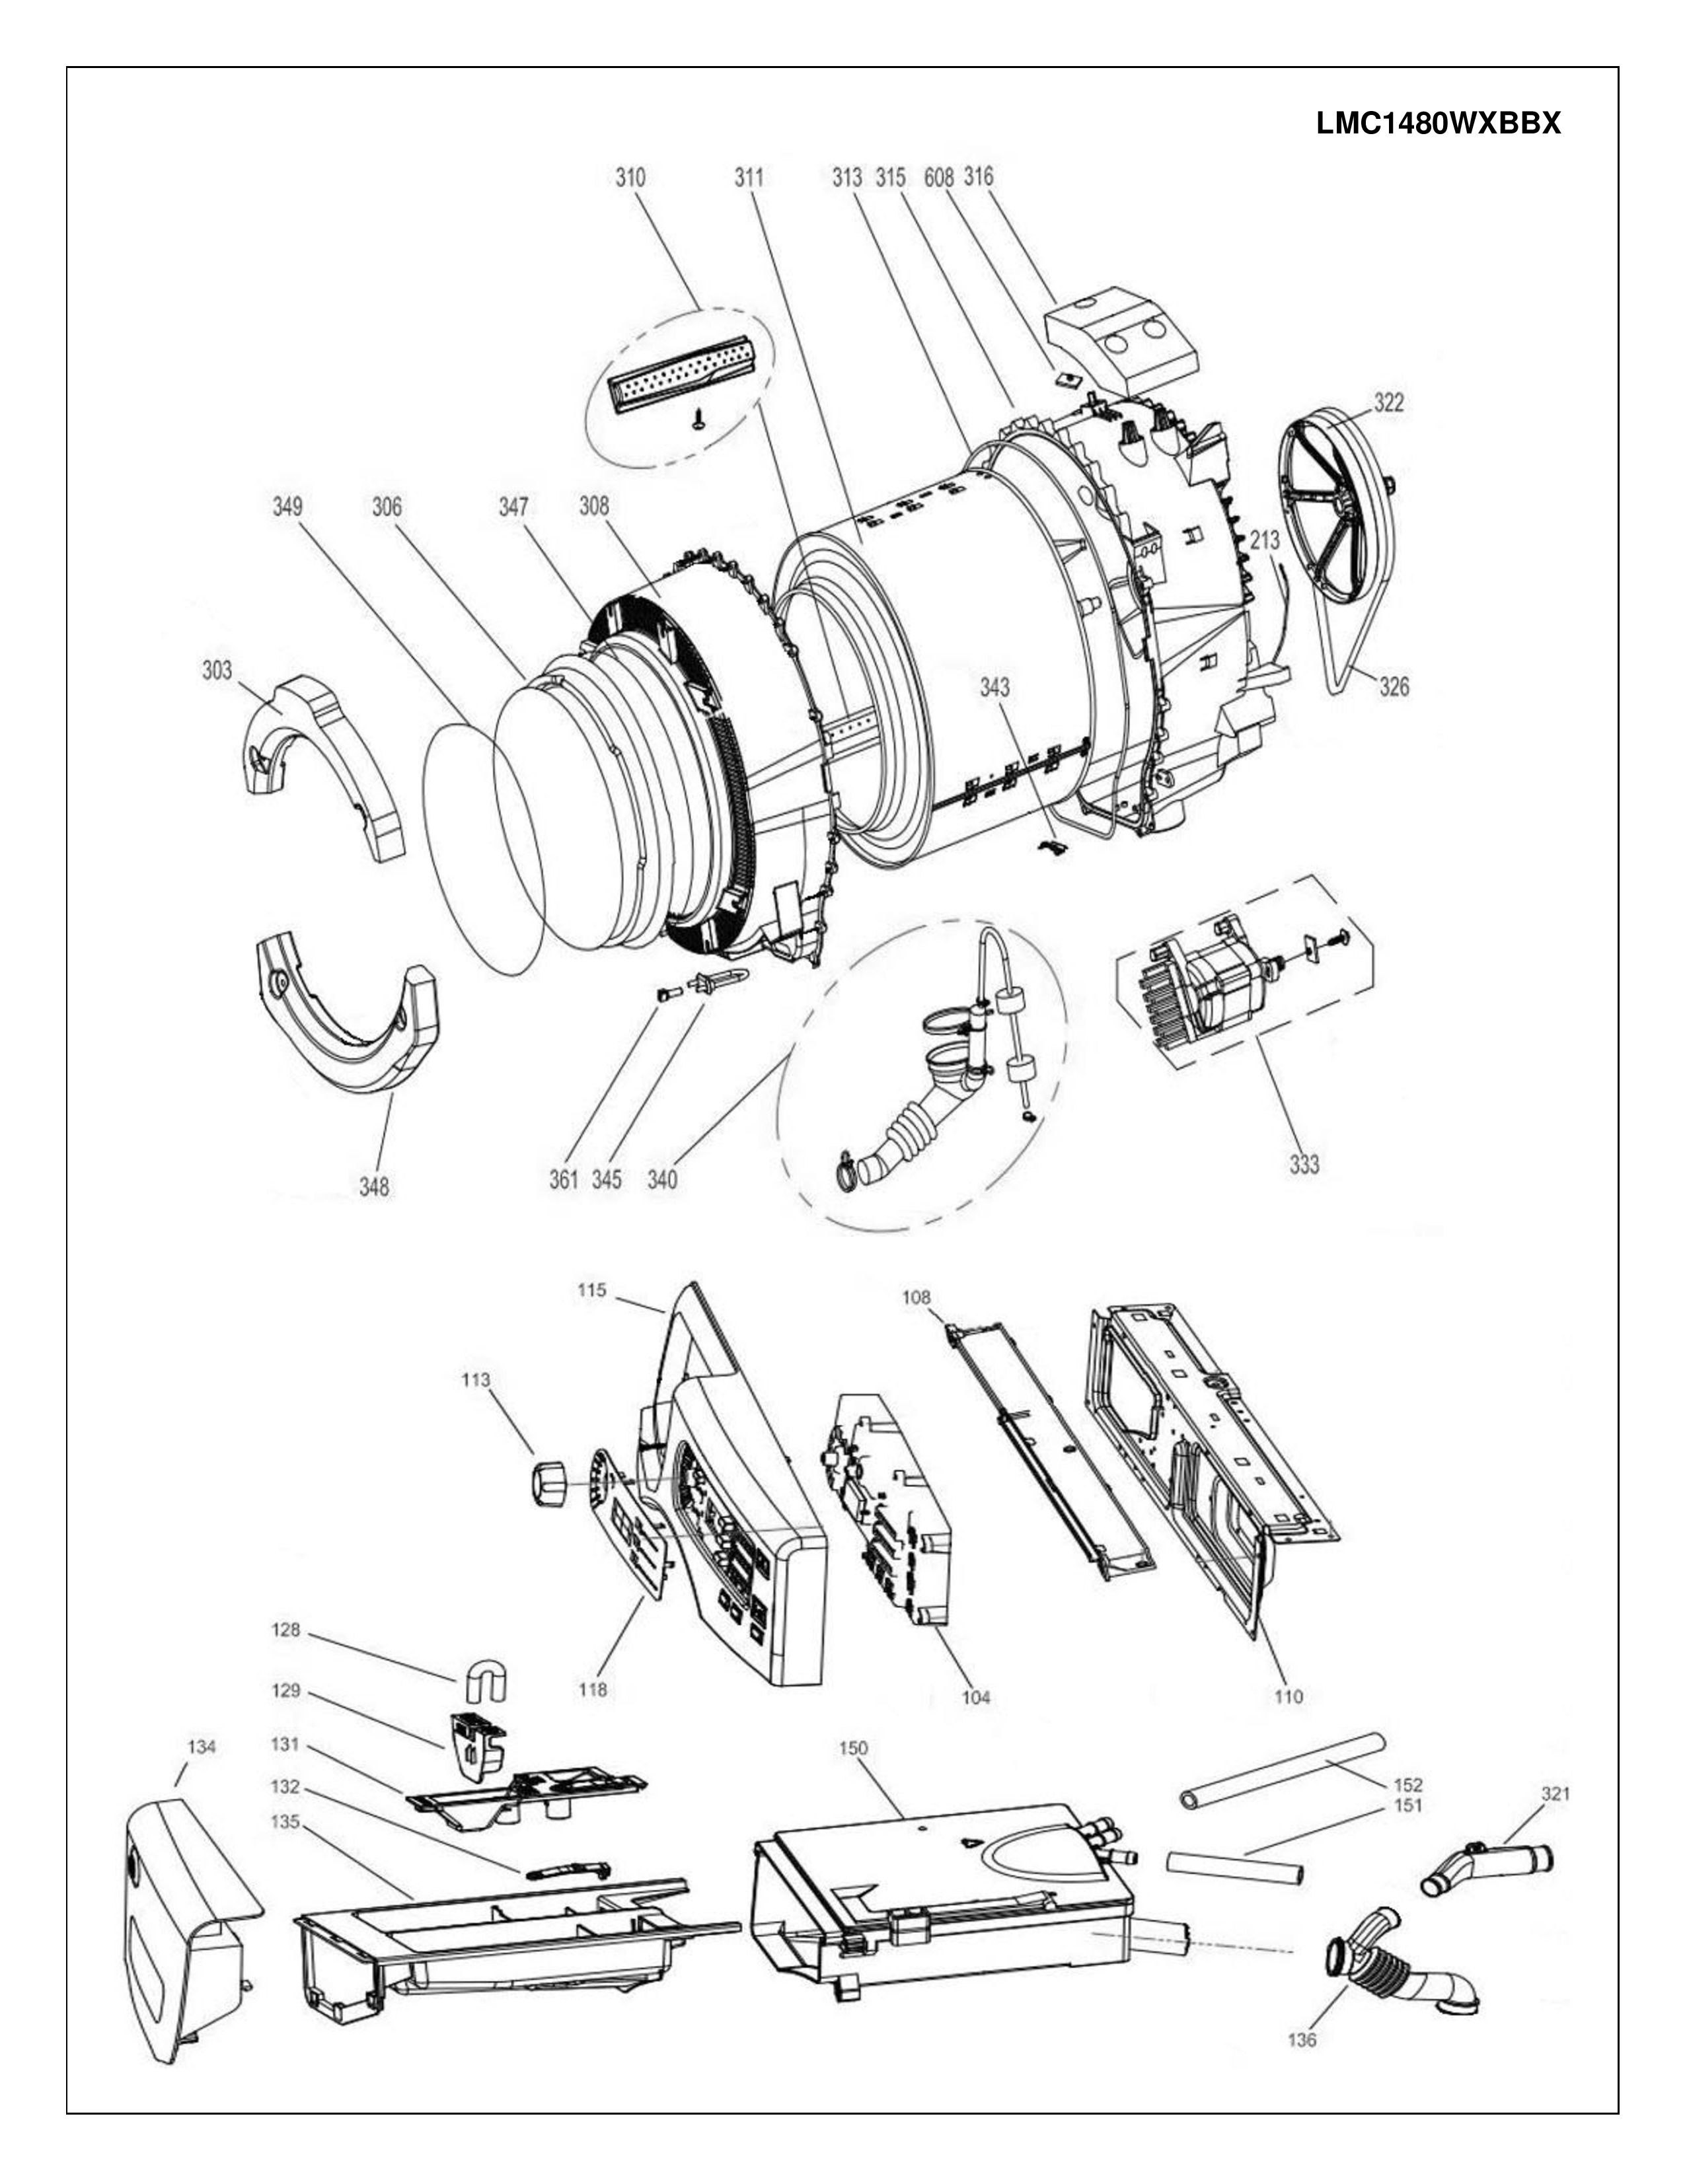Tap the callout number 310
click(x=630, y=178)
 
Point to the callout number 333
click(x=1304, y=1164)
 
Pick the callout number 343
click(x=994, y=688)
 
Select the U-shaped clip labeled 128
click(x=486, y=1682)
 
